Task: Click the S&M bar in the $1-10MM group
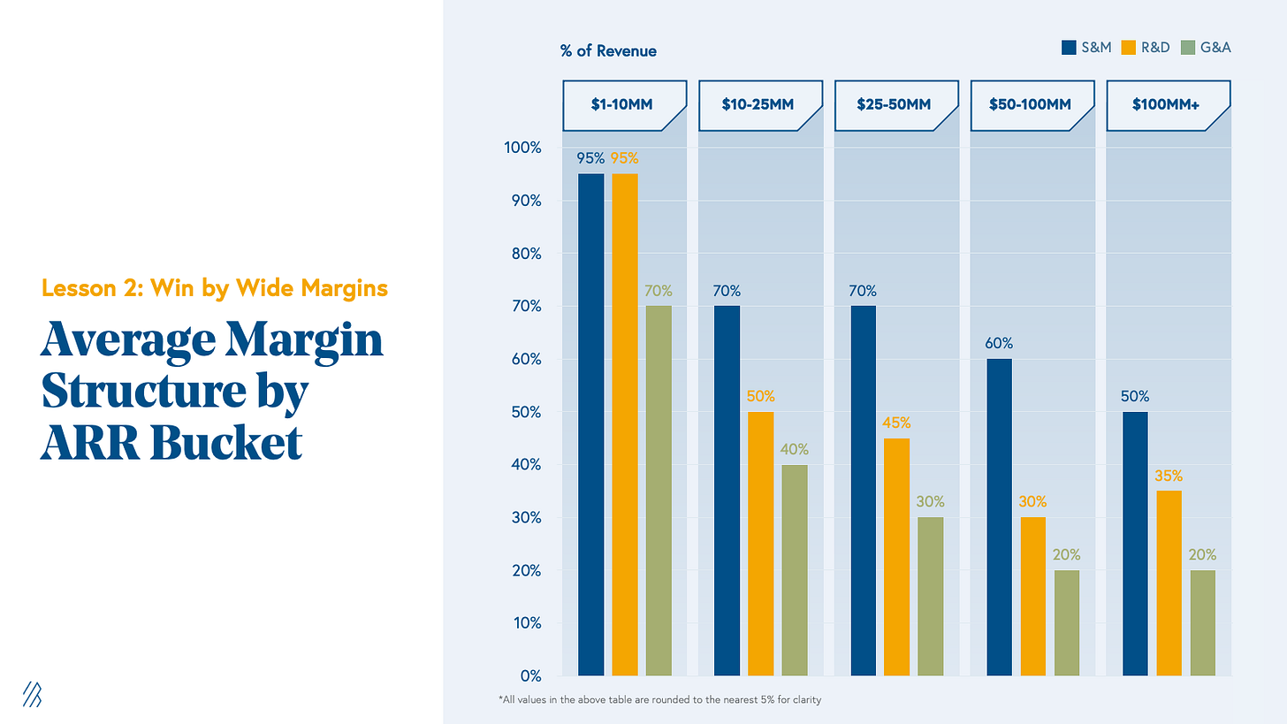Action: click(590, 424)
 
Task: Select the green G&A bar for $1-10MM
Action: click(659, 491)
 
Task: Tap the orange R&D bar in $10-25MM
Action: click(760, 544)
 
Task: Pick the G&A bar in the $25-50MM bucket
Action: click(931, 597)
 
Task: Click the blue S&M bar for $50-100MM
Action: click(999, 517)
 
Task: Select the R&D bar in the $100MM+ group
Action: click(1169, 583)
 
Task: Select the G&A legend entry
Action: click(1207, 47)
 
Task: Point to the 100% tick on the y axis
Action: click(522, 148)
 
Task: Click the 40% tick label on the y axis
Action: click(524, 465)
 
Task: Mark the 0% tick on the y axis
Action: click(529, 676)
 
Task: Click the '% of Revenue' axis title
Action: click(608, 51)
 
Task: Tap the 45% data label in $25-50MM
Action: click(895, 423)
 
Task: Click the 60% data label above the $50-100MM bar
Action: click(999, 344)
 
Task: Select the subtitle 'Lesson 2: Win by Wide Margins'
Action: click(214, 288)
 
